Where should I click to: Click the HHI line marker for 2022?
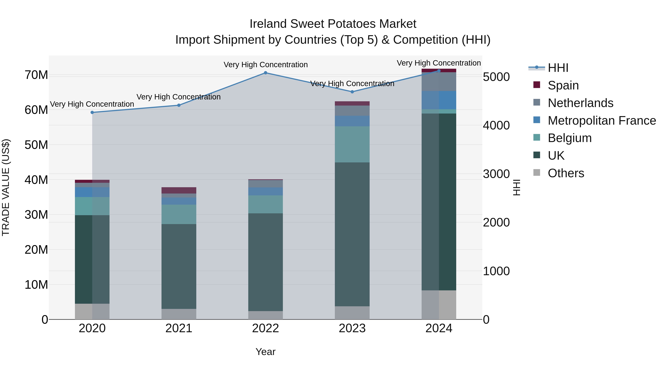[x=265, y=73]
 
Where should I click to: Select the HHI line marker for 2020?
[x=92, y=113]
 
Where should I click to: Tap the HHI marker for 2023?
[x=352, y=92]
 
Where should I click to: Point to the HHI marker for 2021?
[x=179, y=105]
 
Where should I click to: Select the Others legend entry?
[x=566, y=173]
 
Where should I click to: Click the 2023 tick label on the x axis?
[x=352, y=328]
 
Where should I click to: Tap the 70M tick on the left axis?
[x=36, y=75]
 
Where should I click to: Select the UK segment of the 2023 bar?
[x=352, y=234]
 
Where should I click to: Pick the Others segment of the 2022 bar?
[x=265, y=315]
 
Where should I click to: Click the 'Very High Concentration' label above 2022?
[x=265, y=65]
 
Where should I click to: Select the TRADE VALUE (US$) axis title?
[x=6, y=187]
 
